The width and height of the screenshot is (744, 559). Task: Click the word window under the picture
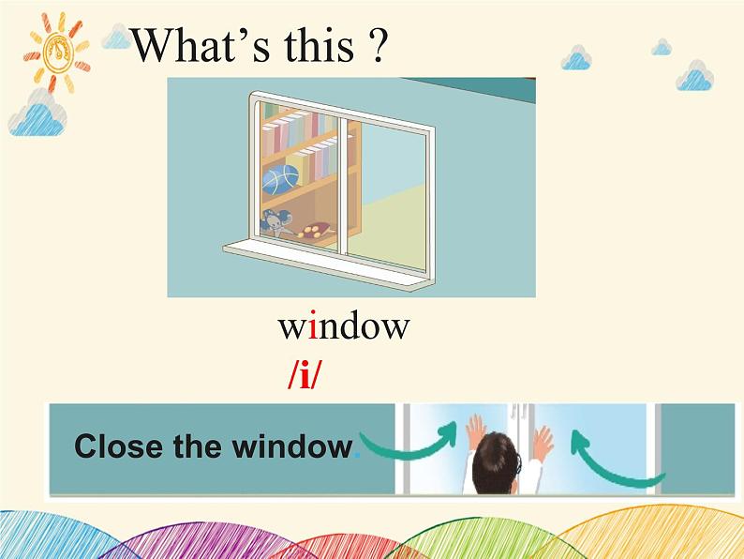pos(344,326)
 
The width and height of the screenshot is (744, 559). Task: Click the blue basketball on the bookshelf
pos(280,179)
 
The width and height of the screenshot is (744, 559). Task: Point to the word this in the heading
pos(311,45)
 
